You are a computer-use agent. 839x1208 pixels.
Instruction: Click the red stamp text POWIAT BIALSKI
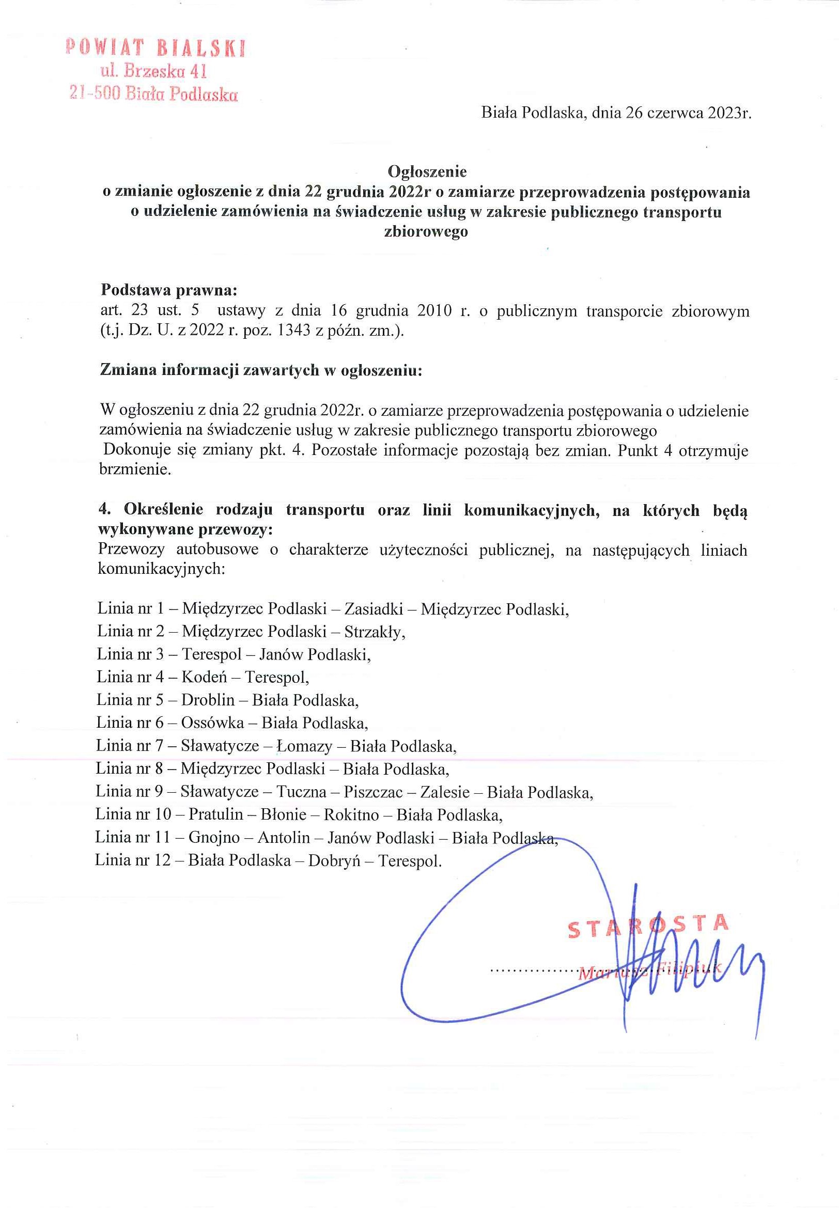pyautogui.click(x=156, y=49)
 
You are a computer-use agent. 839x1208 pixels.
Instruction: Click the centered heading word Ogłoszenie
pyautogui.click(x=427, y=171)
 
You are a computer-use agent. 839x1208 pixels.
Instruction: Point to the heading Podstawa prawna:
pyautogui.click(x=169, y=290)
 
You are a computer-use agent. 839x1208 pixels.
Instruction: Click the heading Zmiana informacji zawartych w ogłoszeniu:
pyautogui.click(x=261, y=370)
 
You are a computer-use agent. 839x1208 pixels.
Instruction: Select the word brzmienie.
pyautogui.click(x=135, y=470)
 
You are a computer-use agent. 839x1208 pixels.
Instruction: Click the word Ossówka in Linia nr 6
pyautogui.click(x=212, y=723)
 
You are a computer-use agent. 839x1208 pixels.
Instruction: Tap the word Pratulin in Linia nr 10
pyautogui.click(x=215, y=815)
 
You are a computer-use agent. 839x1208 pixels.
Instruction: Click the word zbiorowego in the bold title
pyautogui.click(x=426, y=232)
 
